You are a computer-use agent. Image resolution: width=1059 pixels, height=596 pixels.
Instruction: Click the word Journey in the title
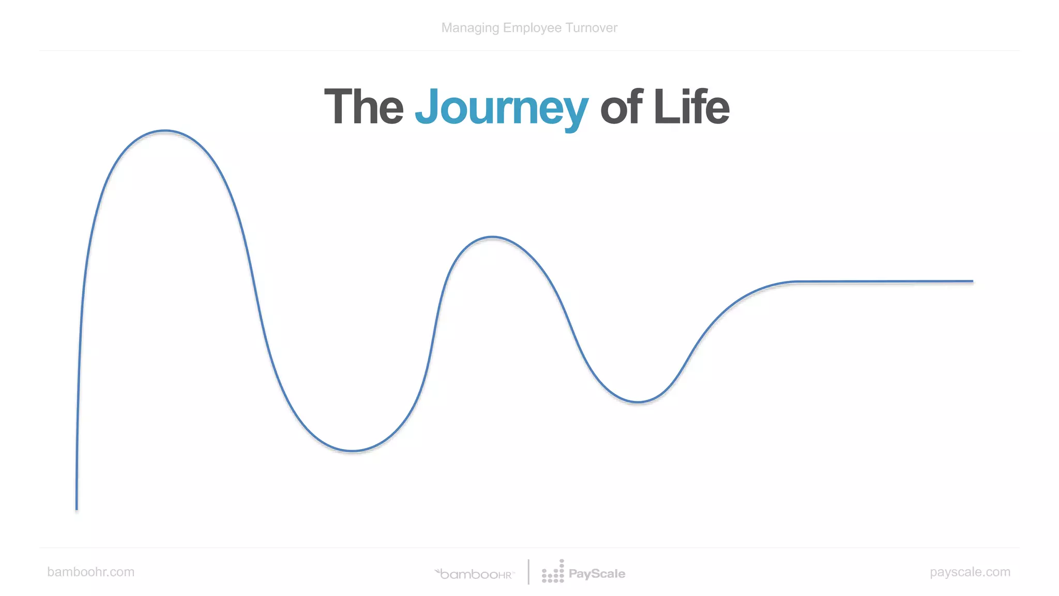(x=501, y=108)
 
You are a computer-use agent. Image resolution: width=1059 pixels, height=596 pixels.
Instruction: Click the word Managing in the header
(x=470, y=28)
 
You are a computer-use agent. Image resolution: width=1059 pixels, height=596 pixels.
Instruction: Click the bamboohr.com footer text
(x=90, y=572)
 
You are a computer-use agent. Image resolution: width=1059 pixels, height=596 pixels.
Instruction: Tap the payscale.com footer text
(x=970, y=572)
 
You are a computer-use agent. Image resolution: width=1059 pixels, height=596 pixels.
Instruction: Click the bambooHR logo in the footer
(x=475, y=574)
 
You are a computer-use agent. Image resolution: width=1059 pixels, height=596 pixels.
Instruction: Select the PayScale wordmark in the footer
(x=597, y=574)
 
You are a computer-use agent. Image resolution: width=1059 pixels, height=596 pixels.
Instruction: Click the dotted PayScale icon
(x=553, y=572)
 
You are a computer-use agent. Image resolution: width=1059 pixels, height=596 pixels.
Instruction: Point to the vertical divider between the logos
(x=528, y=572)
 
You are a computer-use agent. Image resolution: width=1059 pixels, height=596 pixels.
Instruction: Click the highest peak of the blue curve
(x=164, y=131)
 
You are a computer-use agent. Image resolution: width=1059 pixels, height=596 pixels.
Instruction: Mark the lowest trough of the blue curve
(x=352, y=451)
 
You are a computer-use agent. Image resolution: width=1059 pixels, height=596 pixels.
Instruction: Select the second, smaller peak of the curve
(x=492, y=237)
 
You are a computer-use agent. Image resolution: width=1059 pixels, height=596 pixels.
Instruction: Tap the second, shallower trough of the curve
(x=638, y=401)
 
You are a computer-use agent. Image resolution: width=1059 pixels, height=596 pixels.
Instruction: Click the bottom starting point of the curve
(x=77, y=509)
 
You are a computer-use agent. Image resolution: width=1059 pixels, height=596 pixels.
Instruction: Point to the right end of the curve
(x=972, y=281)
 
